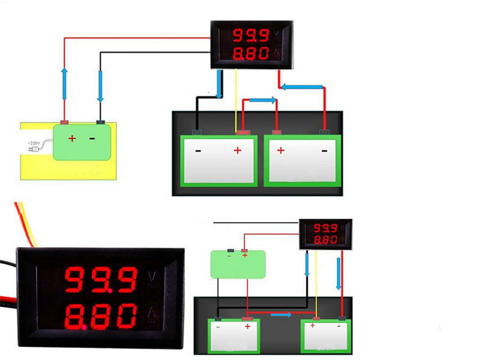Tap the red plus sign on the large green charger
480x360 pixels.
coord(72,139)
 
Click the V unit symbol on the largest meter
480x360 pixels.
coord(152,278)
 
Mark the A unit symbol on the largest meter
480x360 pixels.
coord(152,314)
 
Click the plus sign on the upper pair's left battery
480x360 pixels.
coord(237,150)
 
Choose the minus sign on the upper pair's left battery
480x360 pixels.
coord(198,151)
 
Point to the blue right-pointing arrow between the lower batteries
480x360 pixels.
coord(280,314)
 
